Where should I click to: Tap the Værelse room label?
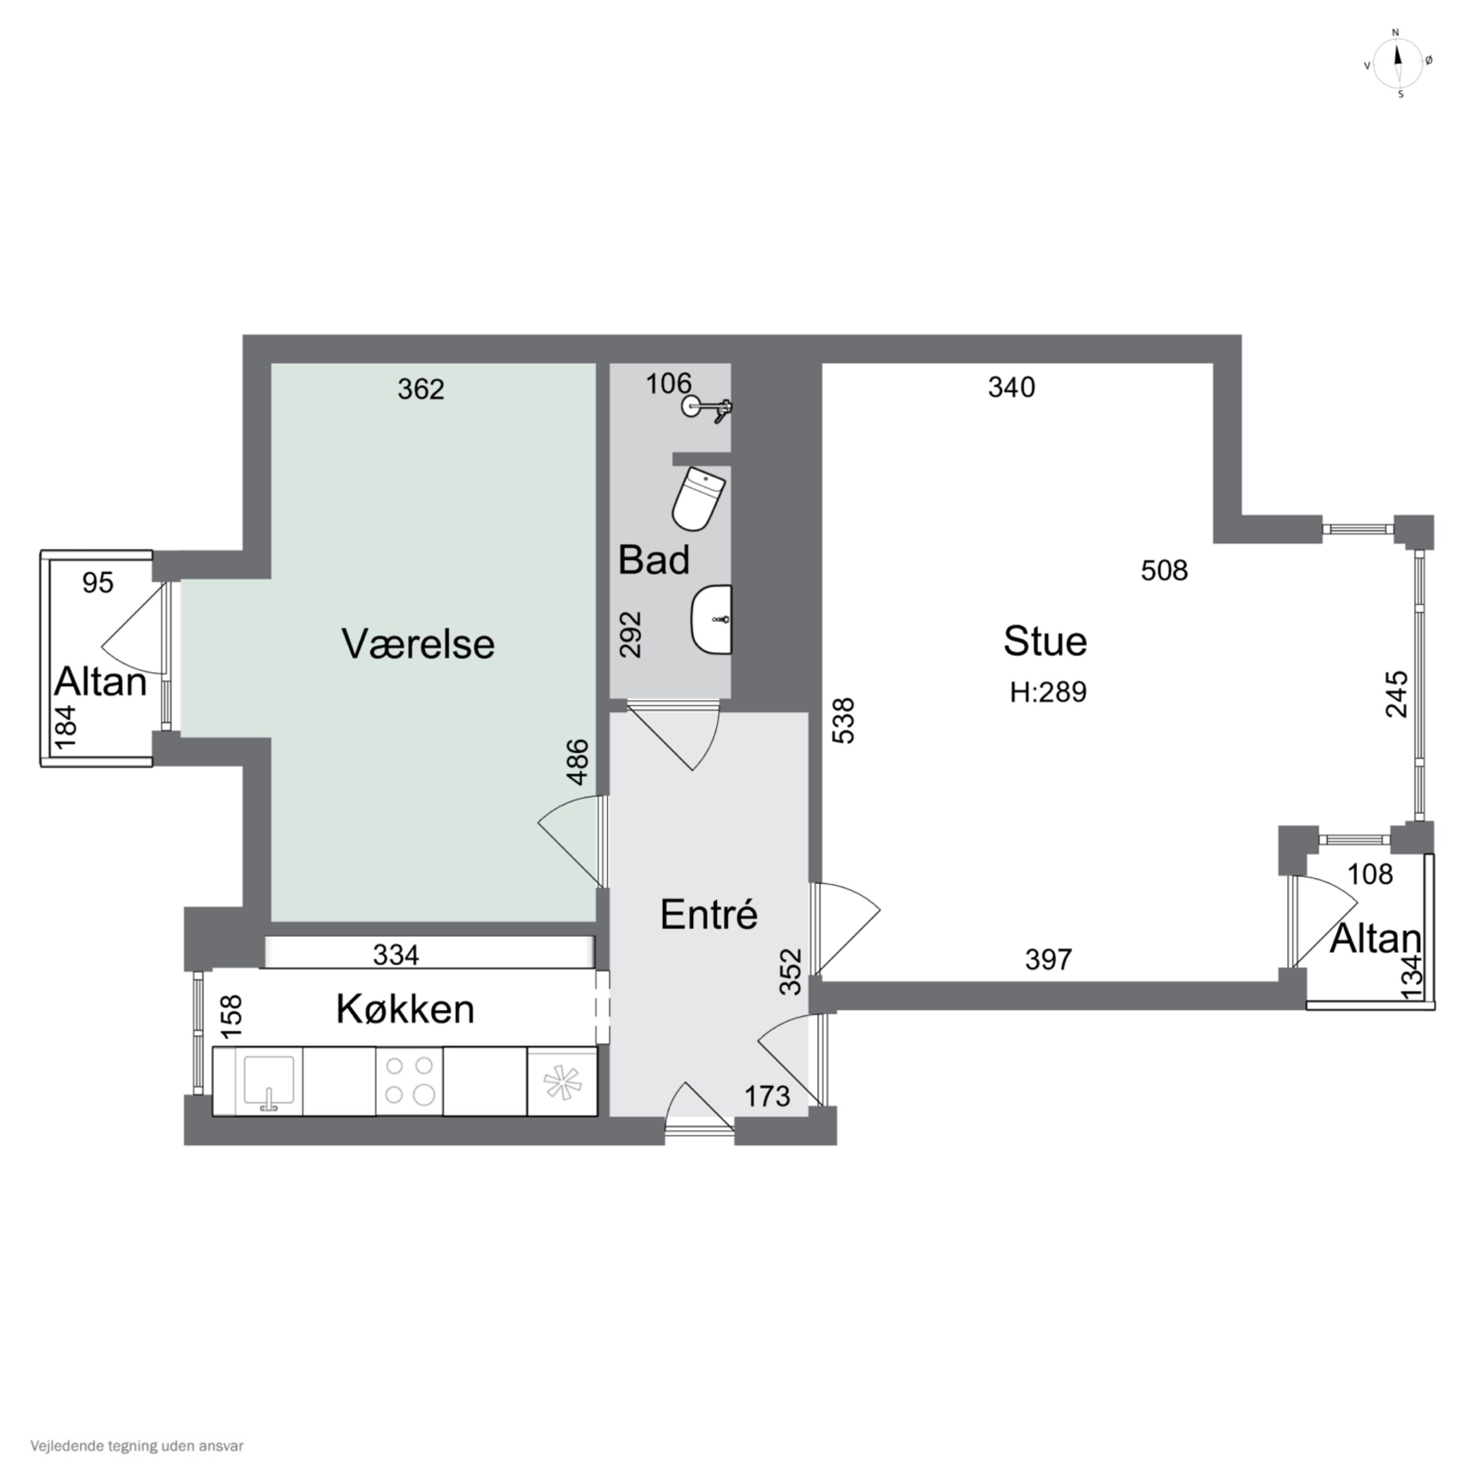[417, 643]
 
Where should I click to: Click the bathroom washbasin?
[712, 620]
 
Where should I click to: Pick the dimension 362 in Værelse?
[420, 390]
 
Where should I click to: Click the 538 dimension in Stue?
[843, 720]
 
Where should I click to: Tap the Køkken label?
[405, 1009]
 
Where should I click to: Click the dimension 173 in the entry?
[766, 1096]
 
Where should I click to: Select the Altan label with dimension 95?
[100, 681]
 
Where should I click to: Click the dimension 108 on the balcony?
[1370, 874]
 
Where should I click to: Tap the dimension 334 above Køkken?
[395, 955]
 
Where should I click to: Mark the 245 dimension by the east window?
[1396, 693]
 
